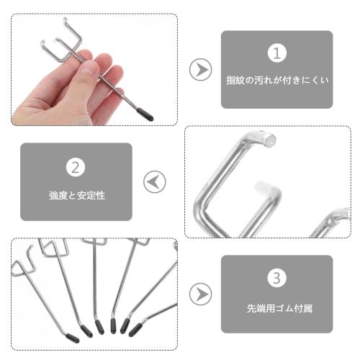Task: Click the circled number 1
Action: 276,53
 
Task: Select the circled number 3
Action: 276,279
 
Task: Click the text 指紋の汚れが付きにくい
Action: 276,81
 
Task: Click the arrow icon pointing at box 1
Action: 200,70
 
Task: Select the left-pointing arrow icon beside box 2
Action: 154,181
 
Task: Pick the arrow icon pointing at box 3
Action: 200,294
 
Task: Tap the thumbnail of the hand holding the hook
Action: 94,69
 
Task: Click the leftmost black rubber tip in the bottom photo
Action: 73,336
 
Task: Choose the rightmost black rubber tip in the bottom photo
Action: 135,328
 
